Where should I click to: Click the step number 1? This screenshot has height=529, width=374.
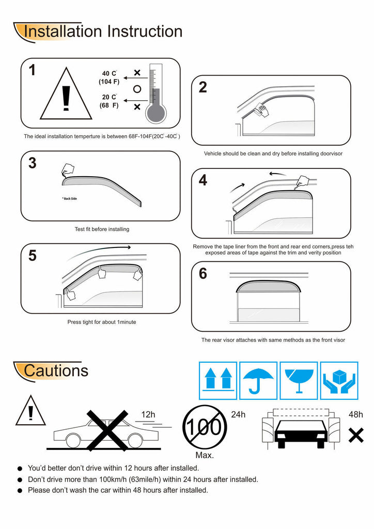click(32, 70)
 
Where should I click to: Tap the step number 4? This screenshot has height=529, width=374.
click(202, 180)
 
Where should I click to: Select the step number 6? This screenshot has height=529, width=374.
click(202, 273)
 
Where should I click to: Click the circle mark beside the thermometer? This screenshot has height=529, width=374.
click(137, 89)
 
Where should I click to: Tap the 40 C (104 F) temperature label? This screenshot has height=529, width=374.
click(109, 77)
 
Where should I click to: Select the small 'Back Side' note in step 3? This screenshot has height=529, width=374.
click(69, 199)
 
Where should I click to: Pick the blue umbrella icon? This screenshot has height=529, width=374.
click(258, 381)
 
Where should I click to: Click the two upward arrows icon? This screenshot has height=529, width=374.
click(218, 379)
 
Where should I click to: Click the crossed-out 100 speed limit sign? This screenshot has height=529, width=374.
click(205, 427)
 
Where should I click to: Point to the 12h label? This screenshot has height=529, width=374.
click(148, 414)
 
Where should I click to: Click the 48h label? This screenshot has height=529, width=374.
click(356, 414)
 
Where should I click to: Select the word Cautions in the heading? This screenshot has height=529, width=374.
click(56, 370)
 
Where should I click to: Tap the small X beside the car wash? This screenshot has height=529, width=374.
click(356, 435)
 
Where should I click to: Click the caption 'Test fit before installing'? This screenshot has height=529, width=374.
click(102, 229)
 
